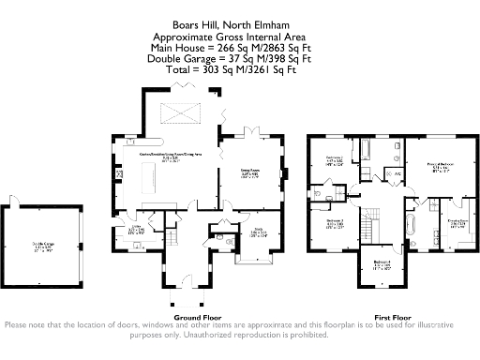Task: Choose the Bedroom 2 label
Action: coord(334,160)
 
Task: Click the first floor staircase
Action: coord(369,225)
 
